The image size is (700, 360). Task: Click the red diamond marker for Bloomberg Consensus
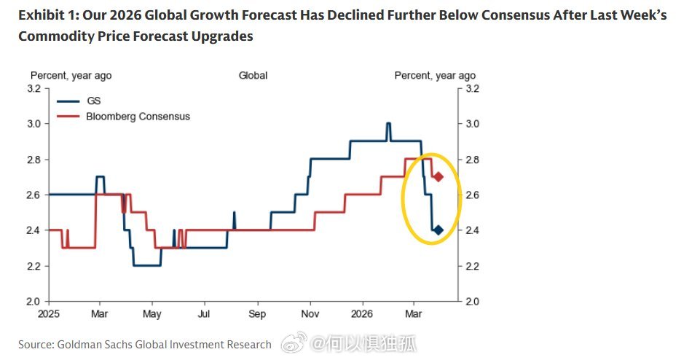click(438, 177)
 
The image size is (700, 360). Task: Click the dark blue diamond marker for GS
click(438, 230)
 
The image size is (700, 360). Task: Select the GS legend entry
click(93, 101)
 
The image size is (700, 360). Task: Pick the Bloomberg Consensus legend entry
click(138, 117)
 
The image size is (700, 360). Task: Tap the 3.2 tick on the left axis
click(33, 88)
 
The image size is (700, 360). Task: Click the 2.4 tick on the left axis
click(33, 230)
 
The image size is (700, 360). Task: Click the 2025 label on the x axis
click(47, 316)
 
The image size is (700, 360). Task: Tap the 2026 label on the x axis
click(361, 316)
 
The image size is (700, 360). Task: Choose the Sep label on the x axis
click(257, 316)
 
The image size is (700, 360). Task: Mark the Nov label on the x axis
click(310, 316)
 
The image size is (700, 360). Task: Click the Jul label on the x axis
click(205, 316)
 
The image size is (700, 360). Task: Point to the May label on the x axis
click(152, 316)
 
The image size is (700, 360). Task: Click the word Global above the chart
click(253, 75)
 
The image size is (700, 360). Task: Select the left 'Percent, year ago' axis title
click(71, 75)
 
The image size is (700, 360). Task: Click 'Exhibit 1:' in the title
click(48, 15)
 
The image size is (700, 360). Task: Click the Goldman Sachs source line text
click(144, 344)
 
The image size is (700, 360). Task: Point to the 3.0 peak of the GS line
click(388, 124)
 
